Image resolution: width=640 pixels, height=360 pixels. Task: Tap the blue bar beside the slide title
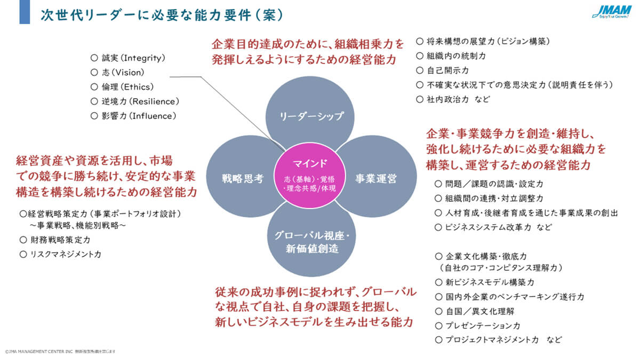click(25, 12)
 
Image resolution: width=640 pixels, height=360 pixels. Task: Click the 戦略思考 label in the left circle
click(243, 179)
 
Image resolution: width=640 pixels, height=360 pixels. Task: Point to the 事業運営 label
click(376, 179)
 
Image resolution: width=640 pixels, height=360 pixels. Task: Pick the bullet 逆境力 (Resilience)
click(139, 101)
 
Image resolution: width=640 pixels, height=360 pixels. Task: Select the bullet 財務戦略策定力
click(59, 240)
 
